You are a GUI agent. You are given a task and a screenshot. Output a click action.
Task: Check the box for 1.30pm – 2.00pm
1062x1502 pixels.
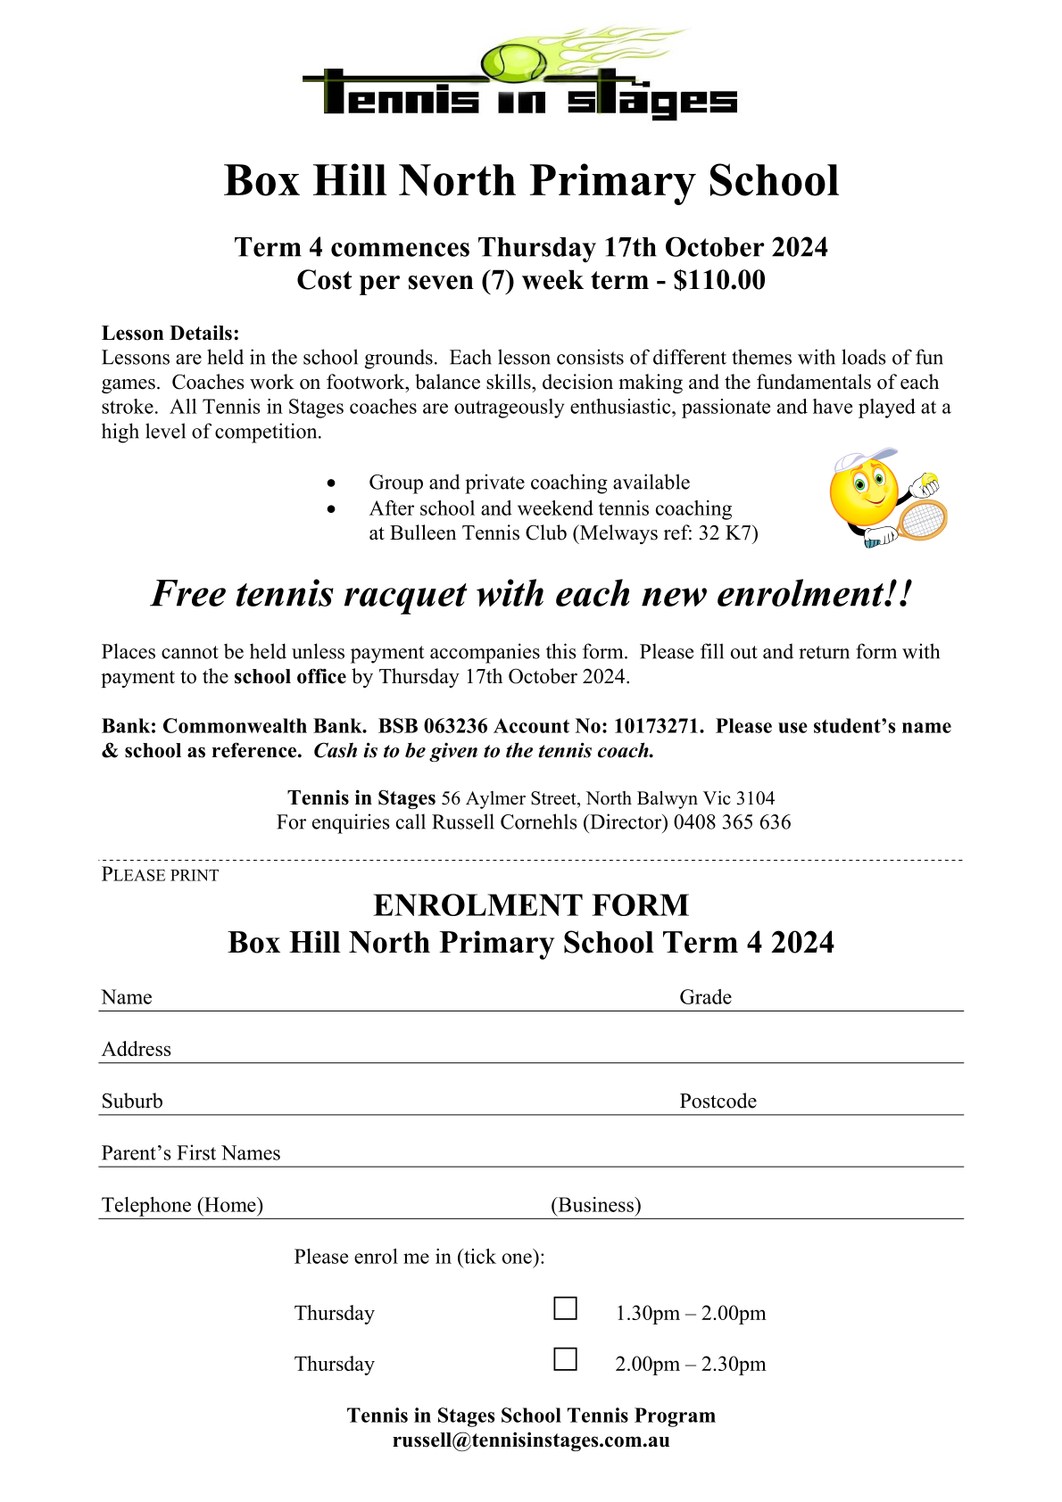tap(565, 1308)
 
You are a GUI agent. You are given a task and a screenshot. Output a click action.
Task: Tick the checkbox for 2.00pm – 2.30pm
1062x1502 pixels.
tap(565, 1359)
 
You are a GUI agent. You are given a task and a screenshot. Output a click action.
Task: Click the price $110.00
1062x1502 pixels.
tap(719, 280)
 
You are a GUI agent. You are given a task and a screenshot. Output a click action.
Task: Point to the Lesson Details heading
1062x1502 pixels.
tap(170, 334)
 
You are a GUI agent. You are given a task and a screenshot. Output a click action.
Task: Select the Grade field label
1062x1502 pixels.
tap(705, 997)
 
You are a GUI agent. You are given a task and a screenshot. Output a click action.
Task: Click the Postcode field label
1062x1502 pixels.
tap(718, 1102)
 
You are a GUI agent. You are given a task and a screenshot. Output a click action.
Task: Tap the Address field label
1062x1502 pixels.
tap(136, 1050)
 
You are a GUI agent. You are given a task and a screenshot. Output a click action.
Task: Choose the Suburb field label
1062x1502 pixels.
tap(132, 1102)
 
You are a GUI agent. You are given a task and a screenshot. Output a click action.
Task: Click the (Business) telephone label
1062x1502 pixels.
tap(595, 1206)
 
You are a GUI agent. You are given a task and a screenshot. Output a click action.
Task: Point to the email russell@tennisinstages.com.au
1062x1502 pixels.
tap(531, 1440)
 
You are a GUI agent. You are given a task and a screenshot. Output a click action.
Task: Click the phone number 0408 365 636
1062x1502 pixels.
tap(732, 822)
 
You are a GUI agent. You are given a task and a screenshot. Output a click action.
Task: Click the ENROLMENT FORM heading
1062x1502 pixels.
tap(531, 905)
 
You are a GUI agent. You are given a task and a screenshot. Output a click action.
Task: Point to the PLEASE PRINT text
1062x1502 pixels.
tap(160, 875)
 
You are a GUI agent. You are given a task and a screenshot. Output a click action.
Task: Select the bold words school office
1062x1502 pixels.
tap(289, 677)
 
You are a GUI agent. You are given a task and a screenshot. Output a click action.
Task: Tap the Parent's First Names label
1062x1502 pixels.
tap(191, 1153)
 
